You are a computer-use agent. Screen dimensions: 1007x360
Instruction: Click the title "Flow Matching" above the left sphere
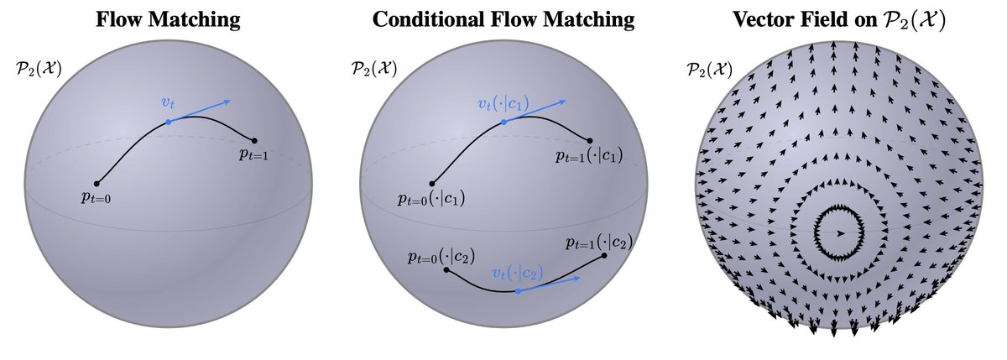point(168,19)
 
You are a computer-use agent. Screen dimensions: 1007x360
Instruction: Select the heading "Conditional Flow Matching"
point(503,19)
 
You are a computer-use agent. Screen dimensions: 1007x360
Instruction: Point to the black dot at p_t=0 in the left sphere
point(97,183)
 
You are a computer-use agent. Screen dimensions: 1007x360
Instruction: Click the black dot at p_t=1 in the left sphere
point(254,140)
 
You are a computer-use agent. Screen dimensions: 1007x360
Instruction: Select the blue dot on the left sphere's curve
point(169,123)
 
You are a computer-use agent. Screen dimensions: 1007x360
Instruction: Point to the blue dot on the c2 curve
point(519,291)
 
